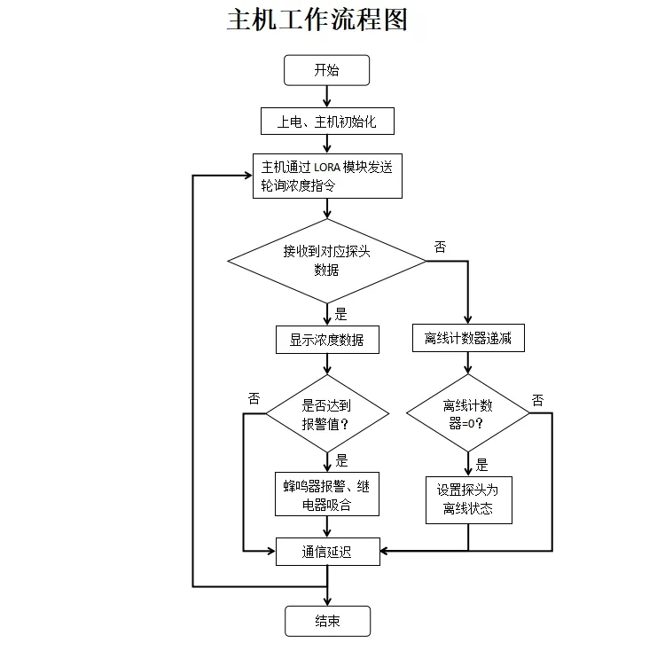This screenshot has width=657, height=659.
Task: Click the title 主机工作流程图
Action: tap(317, 20)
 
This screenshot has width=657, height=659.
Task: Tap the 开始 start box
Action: tap(326, 71)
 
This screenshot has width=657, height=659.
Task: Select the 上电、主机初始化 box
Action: tap(327, 122)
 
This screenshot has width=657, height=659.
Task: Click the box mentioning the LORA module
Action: tap(327, 177)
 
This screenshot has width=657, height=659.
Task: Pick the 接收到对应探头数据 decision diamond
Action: tap(327, 261)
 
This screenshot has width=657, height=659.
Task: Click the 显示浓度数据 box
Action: tap(327, 340)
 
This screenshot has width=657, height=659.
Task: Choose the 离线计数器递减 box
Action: tap(467, 339)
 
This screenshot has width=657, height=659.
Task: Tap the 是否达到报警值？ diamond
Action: tap(327, 413)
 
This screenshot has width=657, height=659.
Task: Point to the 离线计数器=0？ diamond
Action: tap(467, 413)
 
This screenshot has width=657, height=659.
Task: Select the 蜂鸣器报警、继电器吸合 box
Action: tap(327, 495)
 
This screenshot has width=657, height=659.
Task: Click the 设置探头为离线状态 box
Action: tap(468, 499)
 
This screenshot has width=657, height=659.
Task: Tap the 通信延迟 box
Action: tap(327, 552)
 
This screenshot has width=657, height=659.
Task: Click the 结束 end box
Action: tap(327, 621)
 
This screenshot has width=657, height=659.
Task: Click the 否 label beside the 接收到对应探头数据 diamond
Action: tap(440, 247)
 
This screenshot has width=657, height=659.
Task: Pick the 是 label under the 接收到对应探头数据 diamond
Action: tap(341, 313)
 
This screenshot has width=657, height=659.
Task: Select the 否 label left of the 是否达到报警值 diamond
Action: tap(254, 398)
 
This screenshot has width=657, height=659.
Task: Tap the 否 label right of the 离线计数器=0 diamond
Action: tap(537, 400)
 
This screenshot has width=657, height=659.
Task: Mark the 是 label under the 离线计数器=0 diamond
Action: tap(481, 465)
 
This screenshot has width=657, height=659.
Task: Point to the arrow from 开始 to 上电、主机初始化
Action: tap(327, 97)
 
